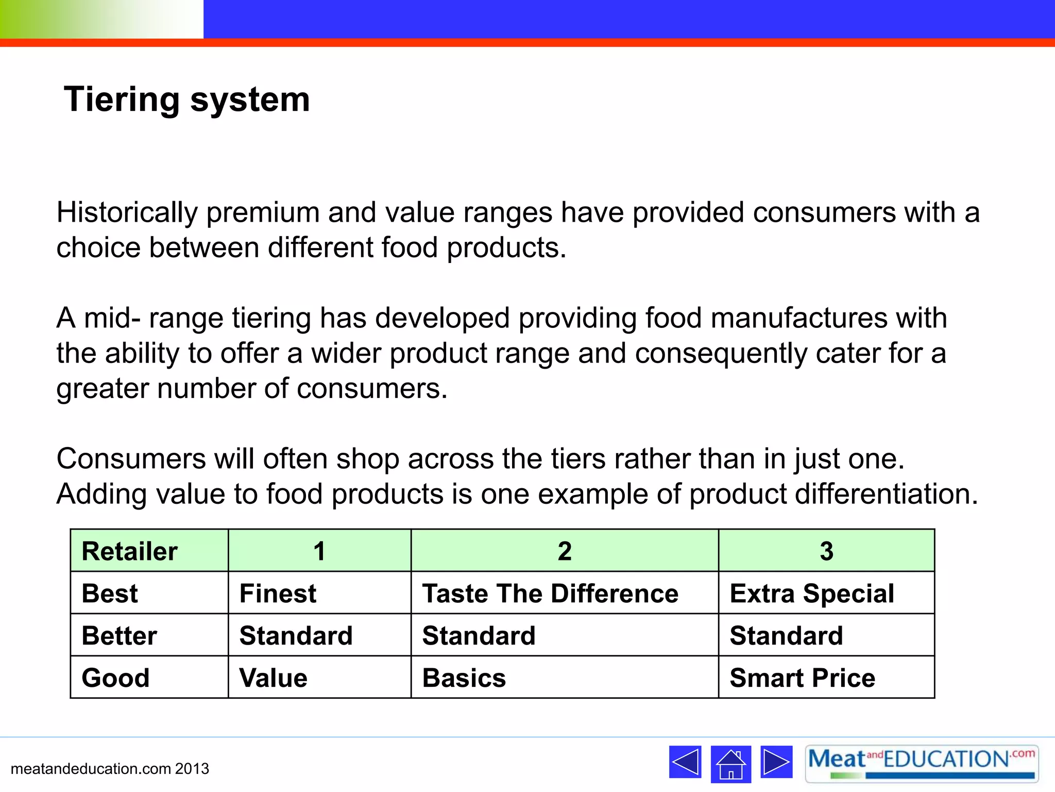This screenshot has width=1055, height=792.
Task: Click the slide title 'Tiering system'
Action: point(186,99)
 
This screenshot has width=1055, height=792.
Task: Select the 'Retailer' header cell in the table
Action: point(129,551)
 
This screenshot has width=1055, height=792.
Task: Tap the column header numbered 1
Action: point(319,551)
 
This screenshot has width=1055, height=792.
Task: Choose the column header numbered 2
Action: point(565,551)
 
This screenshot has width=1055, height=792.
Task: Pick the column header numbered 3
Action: point(826,551)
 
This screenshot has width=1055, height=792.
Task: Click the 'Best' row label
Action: point(110,593)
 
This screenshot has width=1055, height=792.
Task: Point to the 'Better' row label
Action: point(119,635)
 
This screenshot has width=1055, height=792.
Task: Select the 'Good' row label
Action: point(115,678)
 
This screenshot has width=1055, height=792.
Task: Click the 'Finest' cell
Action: point(278,593)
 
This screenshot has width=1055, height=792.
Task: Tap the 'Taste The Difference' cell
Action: point(550,593)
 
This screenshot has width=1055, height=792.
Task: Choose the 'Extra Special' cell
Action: point(812,593)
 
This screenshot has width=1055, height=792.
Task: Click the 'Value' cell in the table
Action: point(273,678)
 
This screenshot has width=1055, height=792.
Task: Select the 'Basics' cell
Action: point(464,678)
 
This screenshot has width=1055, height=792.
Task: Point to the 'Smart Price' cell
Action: point(802,678)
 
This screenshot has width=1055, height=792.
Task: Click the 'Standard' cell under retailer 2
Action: point(479,635)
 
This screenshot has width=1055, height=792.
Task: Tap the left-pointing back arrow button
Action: point(685,762)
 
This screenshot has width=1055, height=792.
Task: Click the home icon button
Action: point(730,764)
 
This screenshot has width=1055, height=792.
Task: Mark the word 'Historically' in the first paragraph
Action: point(127,212)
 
